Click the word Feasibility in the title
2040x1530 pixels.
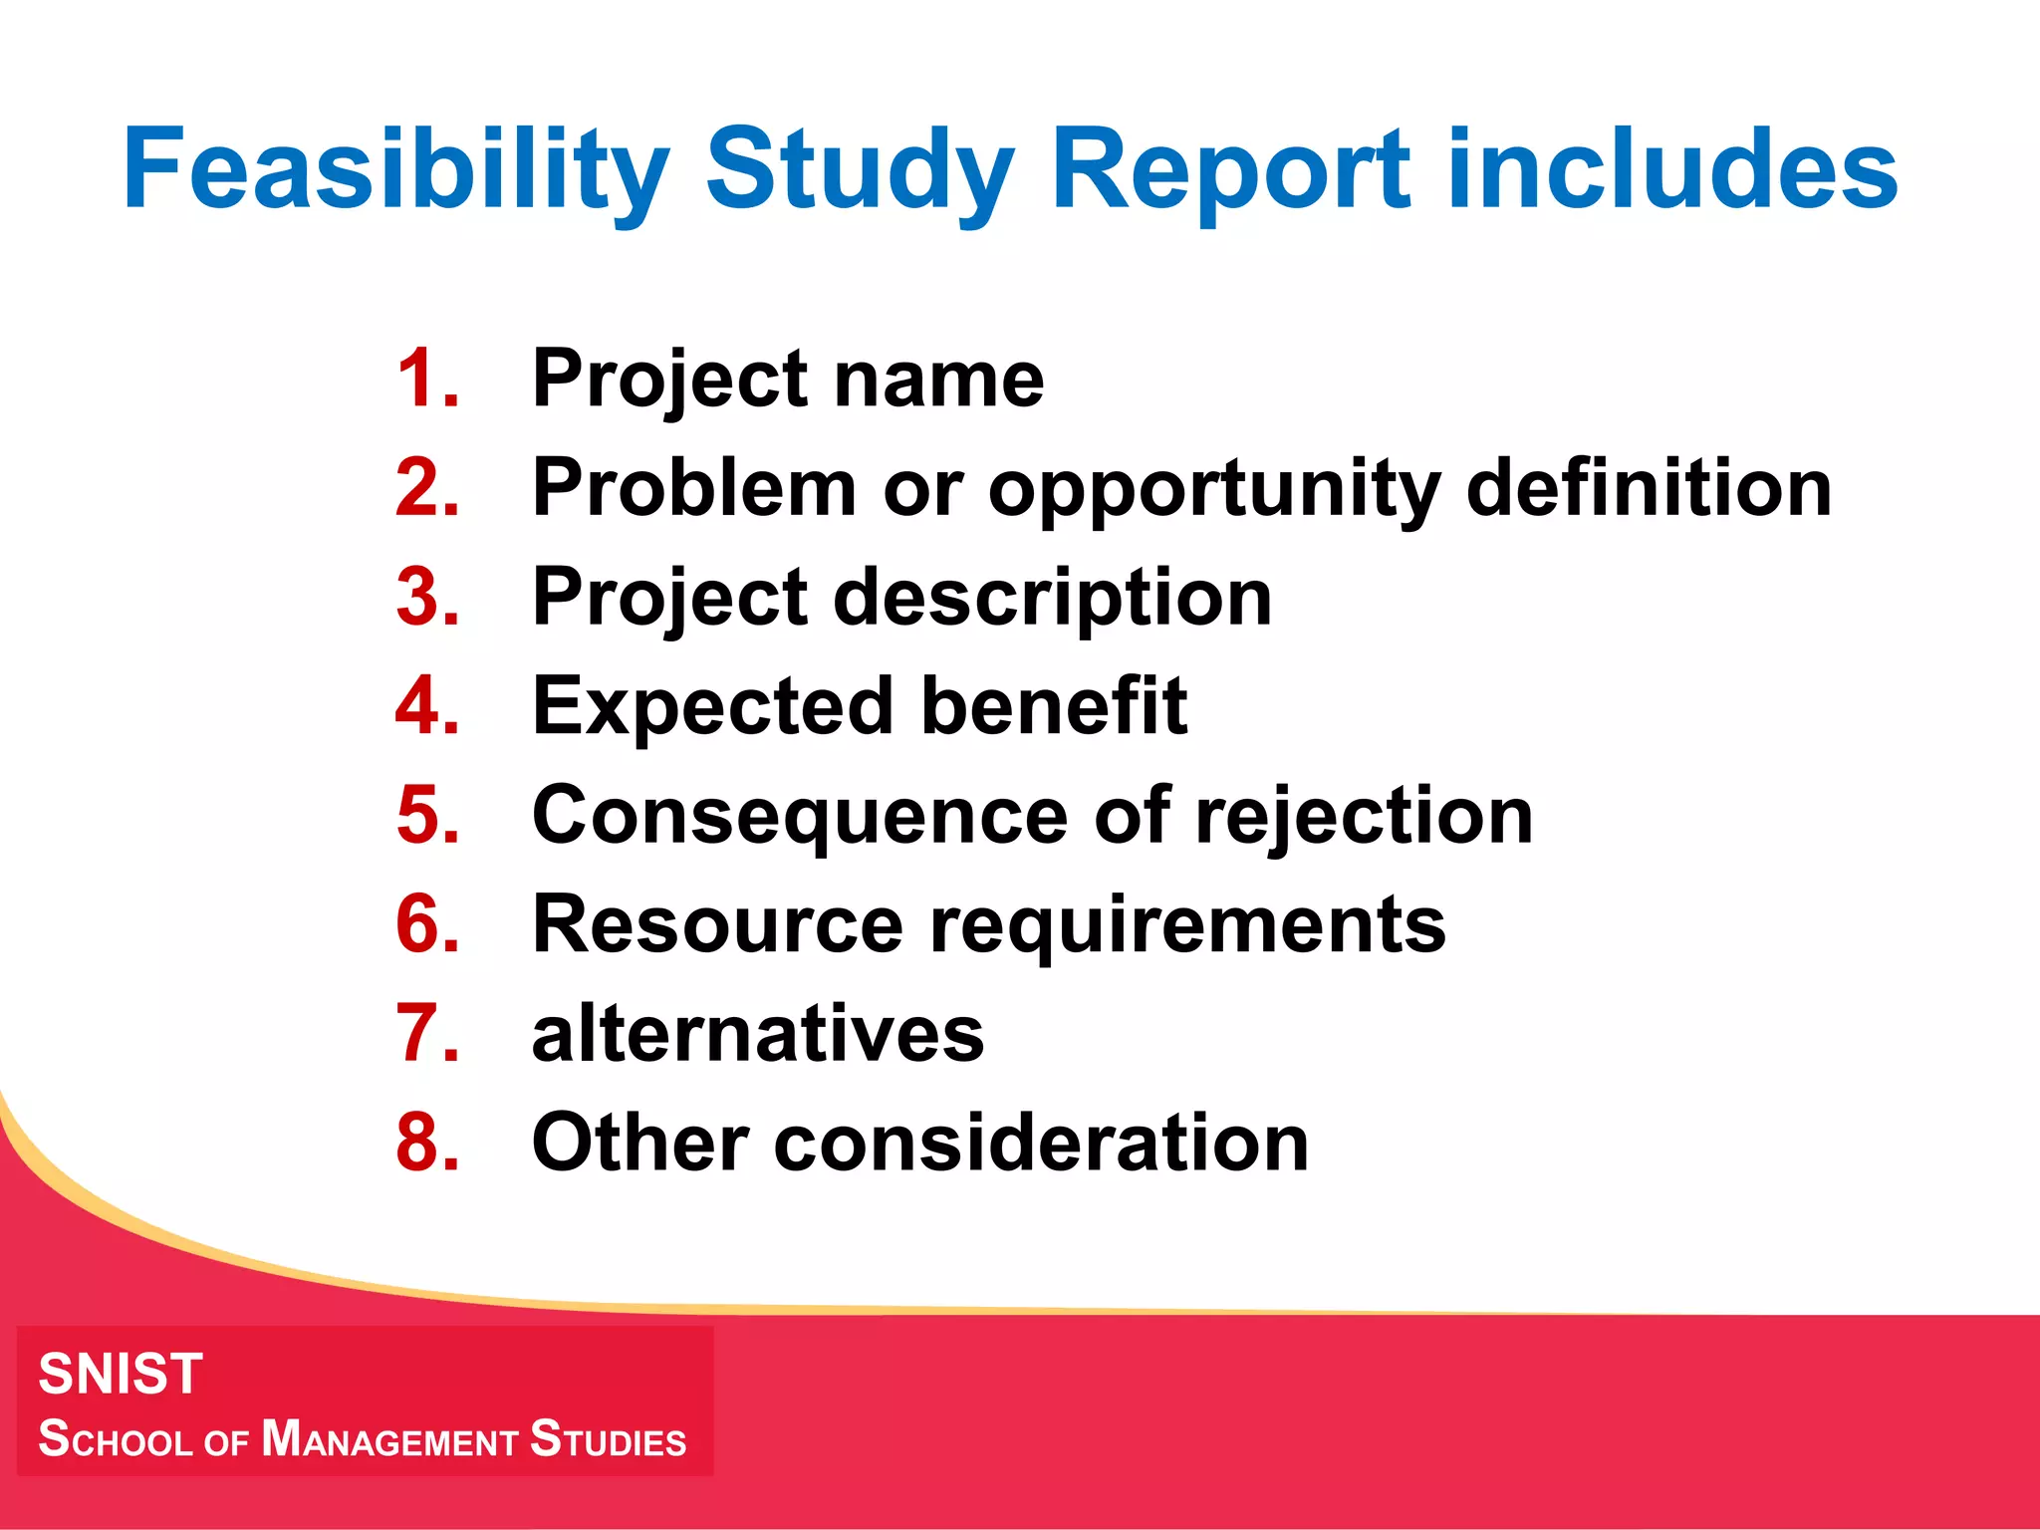coord(395,169)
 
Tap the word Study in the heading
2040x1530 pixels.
coord(860,169)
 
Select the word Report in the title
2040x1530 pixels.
coord(1231,169)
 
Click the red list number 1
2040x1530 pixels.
coord(426,379)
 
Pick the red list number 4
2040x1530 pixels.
coord(426,706)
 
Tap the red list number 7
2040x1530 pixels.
coord(426,1033)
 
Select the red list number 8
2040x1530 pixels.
coord(426,1143)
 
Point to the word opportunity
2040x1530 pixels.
coord(1213,490)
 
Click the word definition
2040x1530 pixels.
coord(1649,488)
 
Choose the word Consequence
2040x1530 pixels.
coord(800,817)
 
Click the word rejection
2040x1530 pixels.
coord(1364,817)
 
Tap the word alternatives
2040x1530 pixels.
coord(758,1034)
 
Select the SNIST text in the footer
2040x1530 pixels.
coord(121,1374)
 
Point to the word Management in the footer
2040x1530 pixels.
coord(389,1440)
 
